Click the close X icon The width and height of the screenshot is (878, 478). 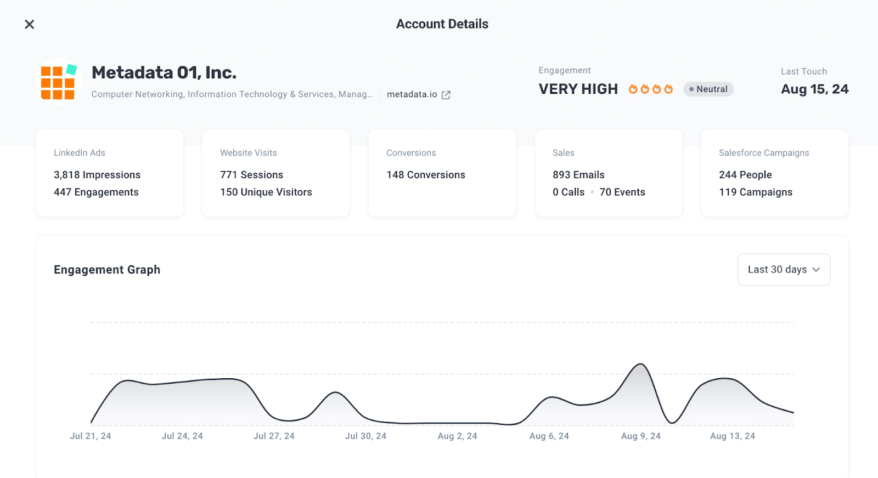tap(30, 24)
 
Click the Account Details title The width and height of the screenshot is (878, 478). tap(442, 24)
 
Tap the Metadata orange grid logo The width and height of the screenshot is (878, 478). tap(59, 82)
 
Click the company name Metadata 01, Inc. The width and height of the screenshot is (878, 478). tap(164, 72)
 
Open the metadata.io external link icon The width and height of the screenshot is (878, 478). tap(446, 95)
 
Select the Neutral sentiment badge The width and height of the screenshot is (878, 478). tap(708, 89)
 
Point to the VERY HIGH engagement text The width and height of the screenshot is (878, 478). tap(578, 89)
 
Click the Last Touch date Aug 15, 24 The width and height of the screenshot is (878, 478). tap(815, 89)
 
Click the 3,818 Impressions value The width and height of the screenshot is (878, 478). tap(97, 175)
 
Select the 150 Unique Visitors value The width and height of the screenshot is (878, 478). tap(266, 192)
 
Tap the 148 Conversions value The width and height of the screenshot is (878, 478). tap(426, 175)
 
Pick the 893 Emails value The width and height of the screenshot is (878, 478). tap(578, 175)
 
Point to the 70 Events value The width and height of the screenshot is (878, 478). tap(622, 192)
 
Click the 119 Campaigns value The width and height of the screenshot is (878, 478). tap(756, 192)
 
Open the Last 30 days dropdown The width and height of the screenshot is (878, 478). tap(784, 269)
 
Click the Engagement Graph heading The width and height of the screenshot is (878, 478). tap(107, 270)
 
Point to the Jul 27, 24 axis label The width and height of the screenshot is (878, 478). tap(274, 436)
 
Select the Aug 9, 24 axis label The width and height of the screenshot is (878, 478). tap(641, 436)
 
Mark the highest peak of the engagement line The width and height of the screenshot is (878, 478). tap(641, 364)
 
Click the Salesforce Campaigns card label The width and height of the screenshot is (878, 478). tap(764, 153)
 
